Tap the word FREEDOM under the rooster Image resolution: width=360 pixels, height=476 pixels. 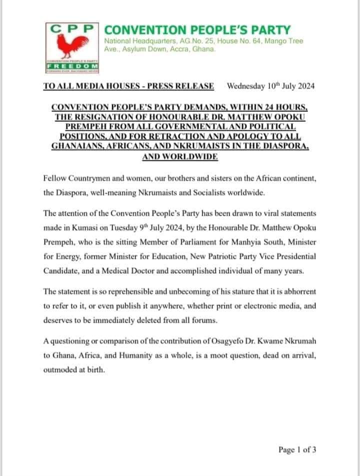coord(72,66)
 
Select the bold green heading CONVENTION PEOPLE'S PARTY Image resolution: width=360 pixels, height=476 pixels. coord(197,30)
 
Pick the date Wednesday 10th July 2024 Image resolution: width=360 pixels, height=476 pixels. coord(270,85)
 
